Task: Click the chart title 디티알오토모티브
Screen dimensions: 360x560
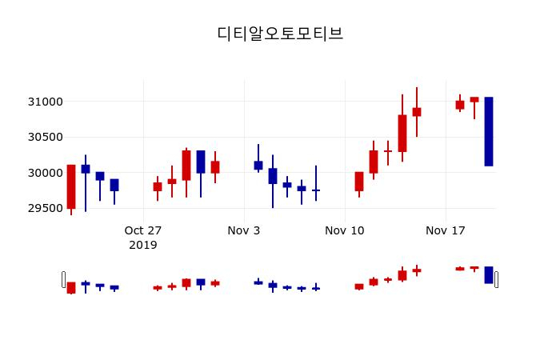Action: coord(280,34)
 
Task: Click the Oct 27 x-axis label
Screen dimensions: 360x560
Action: coord(143,230)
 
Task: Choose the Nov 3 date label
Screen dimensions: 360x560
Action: coord(244,230)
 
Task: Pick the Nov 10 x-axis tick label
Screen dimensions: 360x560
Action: coord(345,230)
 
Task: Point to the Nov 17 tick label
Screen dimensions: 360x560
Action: coord(446,230)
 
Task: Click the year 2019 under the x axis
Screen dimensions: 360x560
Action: coord(143,245)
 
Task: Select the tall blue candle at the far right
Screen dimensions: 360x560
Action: coord(489,131)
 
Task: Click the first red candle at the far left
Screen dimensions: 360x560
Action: coord(71,186)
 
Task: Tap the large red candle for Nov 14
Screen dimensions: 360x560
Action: coord(402,134)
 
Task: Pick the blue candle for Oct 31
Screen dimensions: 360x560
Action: coord(201,162)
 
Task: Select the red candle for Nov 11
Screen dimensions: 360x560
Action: coord(359,182)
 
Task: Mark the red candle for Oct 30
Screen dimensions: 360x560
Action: coord(186,166)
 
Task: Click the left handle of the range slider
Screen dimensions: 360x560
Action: coord(64,279)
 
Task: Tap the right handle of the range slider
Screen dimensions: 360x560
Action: coord(496,279)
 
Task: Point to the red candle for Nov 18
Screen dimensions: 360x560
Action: coord(460,105)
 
